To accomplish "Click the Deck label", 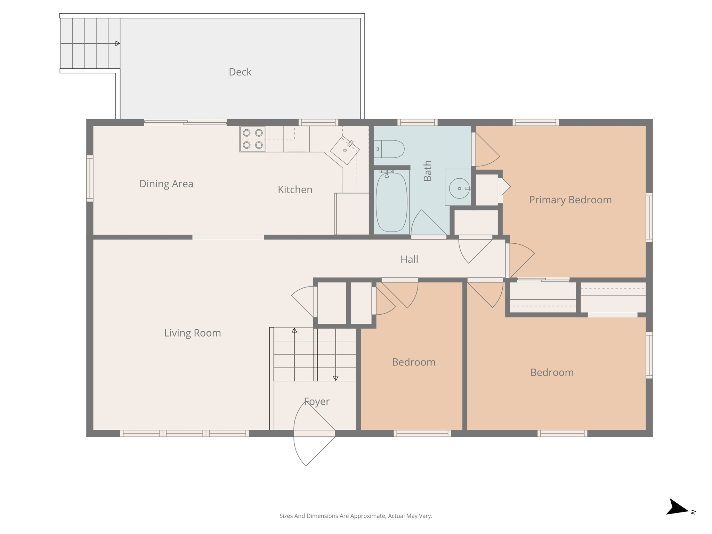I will pos(240,72).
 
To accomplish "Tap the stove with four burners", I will pos(253,139).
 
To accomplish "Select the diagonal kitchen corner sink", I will pos(345,150).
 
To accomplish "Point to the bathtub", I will pos(391,203).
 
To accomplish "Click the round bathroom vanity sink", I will pos(459,188).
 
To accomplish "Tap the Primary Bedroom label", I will pos(570,200).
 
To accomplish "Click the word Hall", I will pos(409,259).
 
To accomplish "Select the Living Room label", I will pos(193,333).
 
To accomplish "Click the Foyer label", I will pos(316,402).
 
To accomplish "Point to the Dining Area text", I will pos(166,184).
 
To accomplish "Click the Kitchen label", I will pos(295,190).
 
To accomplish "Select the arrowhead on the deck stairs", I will pos(118,43).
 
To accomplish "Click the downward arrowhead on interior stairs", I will pos(335,378).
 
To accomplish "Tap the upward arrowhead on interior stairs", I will pos(294,330).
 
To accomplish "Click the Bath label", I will pos(427,171).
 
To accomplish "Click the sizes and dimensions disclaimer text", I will pos(356,516).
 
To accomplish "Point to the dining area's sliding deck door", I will pos(185,122).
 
